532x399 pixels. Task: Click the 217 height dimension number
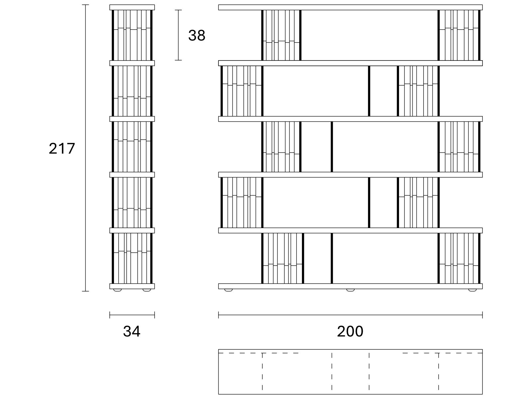[62, 148]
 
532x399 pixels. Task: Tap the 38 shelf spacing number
[197, 35]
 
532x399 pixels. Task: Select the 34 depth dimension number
[132, 331]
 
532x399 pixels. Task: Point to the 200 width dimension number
[350, 331]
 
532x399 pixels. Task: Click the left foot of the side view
[117, 290]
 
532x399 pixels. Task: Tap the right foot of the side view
[147, 290]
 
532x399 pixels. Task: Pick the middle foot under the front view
[350, 290]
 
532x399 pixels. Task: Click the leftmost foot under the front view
[228, 290]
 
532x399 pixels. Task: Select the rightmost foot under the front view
[472, 290]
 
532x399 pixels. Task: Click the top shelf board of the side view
[132, 7]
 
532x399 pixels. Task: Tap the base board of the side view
[132, 286]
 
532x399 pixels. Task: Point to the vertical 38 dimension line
[178, 35]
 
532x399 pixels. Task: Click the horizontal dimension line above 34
[132, 315]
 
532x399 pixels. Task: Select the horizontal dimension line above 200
[350, 315]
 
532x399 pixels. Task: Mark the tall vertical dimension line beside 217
[85, 148]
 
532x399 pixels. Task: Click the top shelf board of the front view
[350, 7]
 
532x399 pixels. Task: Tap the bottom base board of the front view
[350, 286]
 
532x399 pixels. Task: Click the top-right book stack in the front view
[459, 35]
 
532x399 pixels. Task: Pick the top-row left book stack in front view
[281, 35]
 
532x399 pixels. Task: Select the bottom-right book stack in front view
[459, 258]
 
